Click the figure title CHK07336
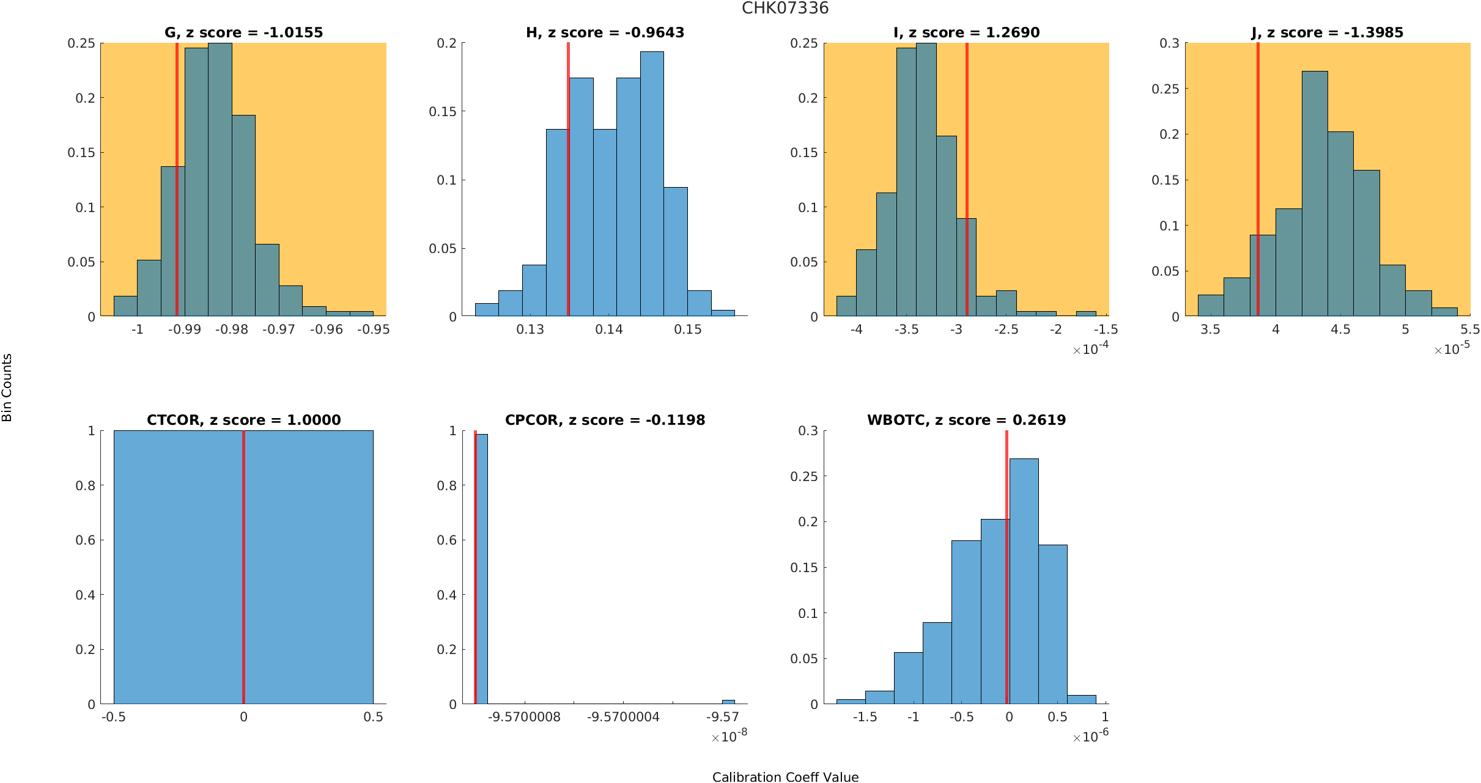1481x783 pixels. tap(785, 8)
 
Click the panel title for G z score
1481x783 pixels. tap(243, 32)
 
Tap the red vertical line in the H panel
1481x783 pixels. tap(568, 183)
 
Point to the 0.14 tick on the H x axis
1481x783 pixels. tap(609, 329)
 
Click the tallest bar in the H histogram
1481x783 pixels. tap(652, 183)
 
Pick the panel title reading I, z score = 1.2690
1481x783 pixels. tap(966, 32)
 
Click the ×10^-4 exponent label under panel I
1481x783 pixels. tap(1090, 349)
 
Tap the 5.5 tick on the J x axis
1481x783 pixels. tap(1470, 329)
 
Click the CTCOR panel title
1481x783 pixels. tap(243, 420)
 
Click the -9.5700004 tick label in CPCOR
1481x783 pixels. tap(623, 717)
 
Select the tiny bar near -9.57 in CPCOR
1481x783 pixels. tap(728, 702)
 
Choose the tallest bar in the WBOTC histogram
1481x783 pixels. tap(1024, 581)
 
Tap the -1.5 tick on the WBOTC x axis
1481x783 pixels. tap(865, 717)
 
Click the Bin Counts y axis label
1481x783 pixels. tap(7, 388)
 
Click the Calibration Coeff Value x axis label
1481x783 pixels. tap(785, 776)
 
